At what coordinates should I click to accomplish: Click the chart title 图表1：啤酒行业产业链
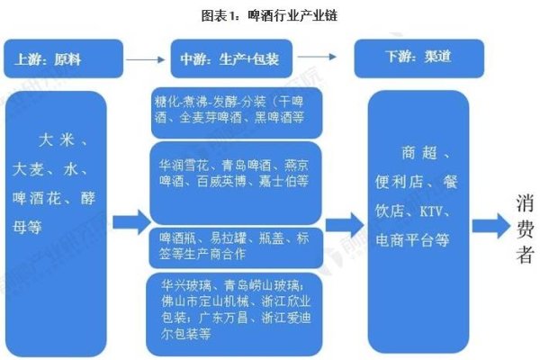pos(270,15)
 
